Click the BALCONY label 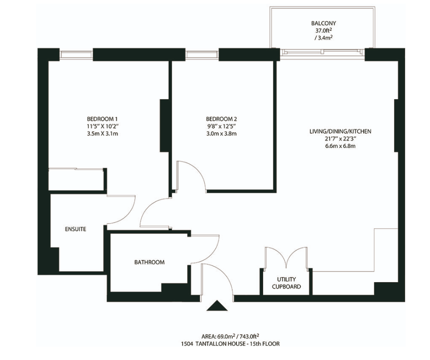pos(324,23)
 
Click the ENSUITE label pos(76,229)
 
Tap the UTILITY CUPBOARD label pos(286,283)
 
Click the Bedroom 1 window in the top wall pos(76,54)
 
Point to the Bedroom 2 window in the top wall pos(202,54)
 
